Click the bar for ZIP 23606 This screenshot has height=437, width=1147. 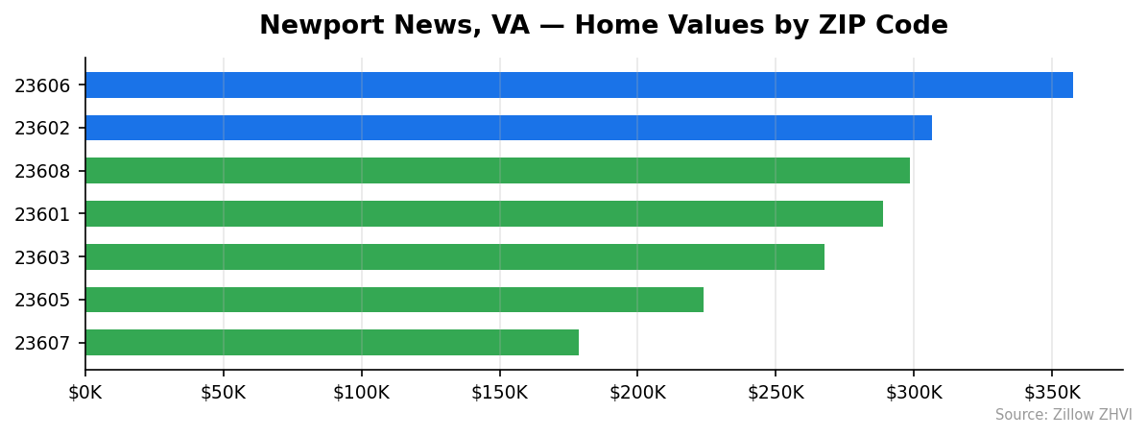(579, 85)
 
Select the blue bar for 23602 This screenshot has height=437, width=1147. (509, 128)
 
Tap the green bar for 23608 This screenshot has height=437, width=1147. (497, 171)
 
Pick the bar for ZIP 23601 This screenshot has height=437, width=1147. (484, 213)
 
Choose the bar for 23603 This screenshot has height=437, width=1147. (455, 256)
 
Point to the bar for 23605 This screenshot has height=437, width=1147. (394, 300)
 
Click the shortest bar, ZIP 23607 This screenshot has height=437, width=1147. (332, 343)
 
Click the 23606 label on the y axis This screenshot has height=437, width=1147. (42, 85)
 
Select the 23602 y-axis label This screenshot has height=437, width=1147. (42, 129)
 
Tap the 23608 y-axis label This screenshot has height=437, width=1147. (42, 172)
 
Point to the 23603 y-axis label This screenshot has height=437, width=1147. (42, 257)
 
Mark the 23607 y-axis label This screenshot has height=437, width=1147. (42, 344)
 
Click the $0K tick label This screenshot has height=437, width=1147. (85, 392)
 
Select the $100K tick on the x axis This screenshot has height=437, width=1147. (362, 392)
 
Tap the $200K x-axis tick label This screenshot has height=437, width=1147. (637, 392)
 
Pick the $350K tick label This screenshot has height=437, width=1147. (1052, 392)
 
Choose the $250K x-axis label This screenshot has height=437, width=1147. (776, 392)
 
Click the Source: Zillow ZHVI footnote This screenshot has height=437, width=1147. (1063, 415)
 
